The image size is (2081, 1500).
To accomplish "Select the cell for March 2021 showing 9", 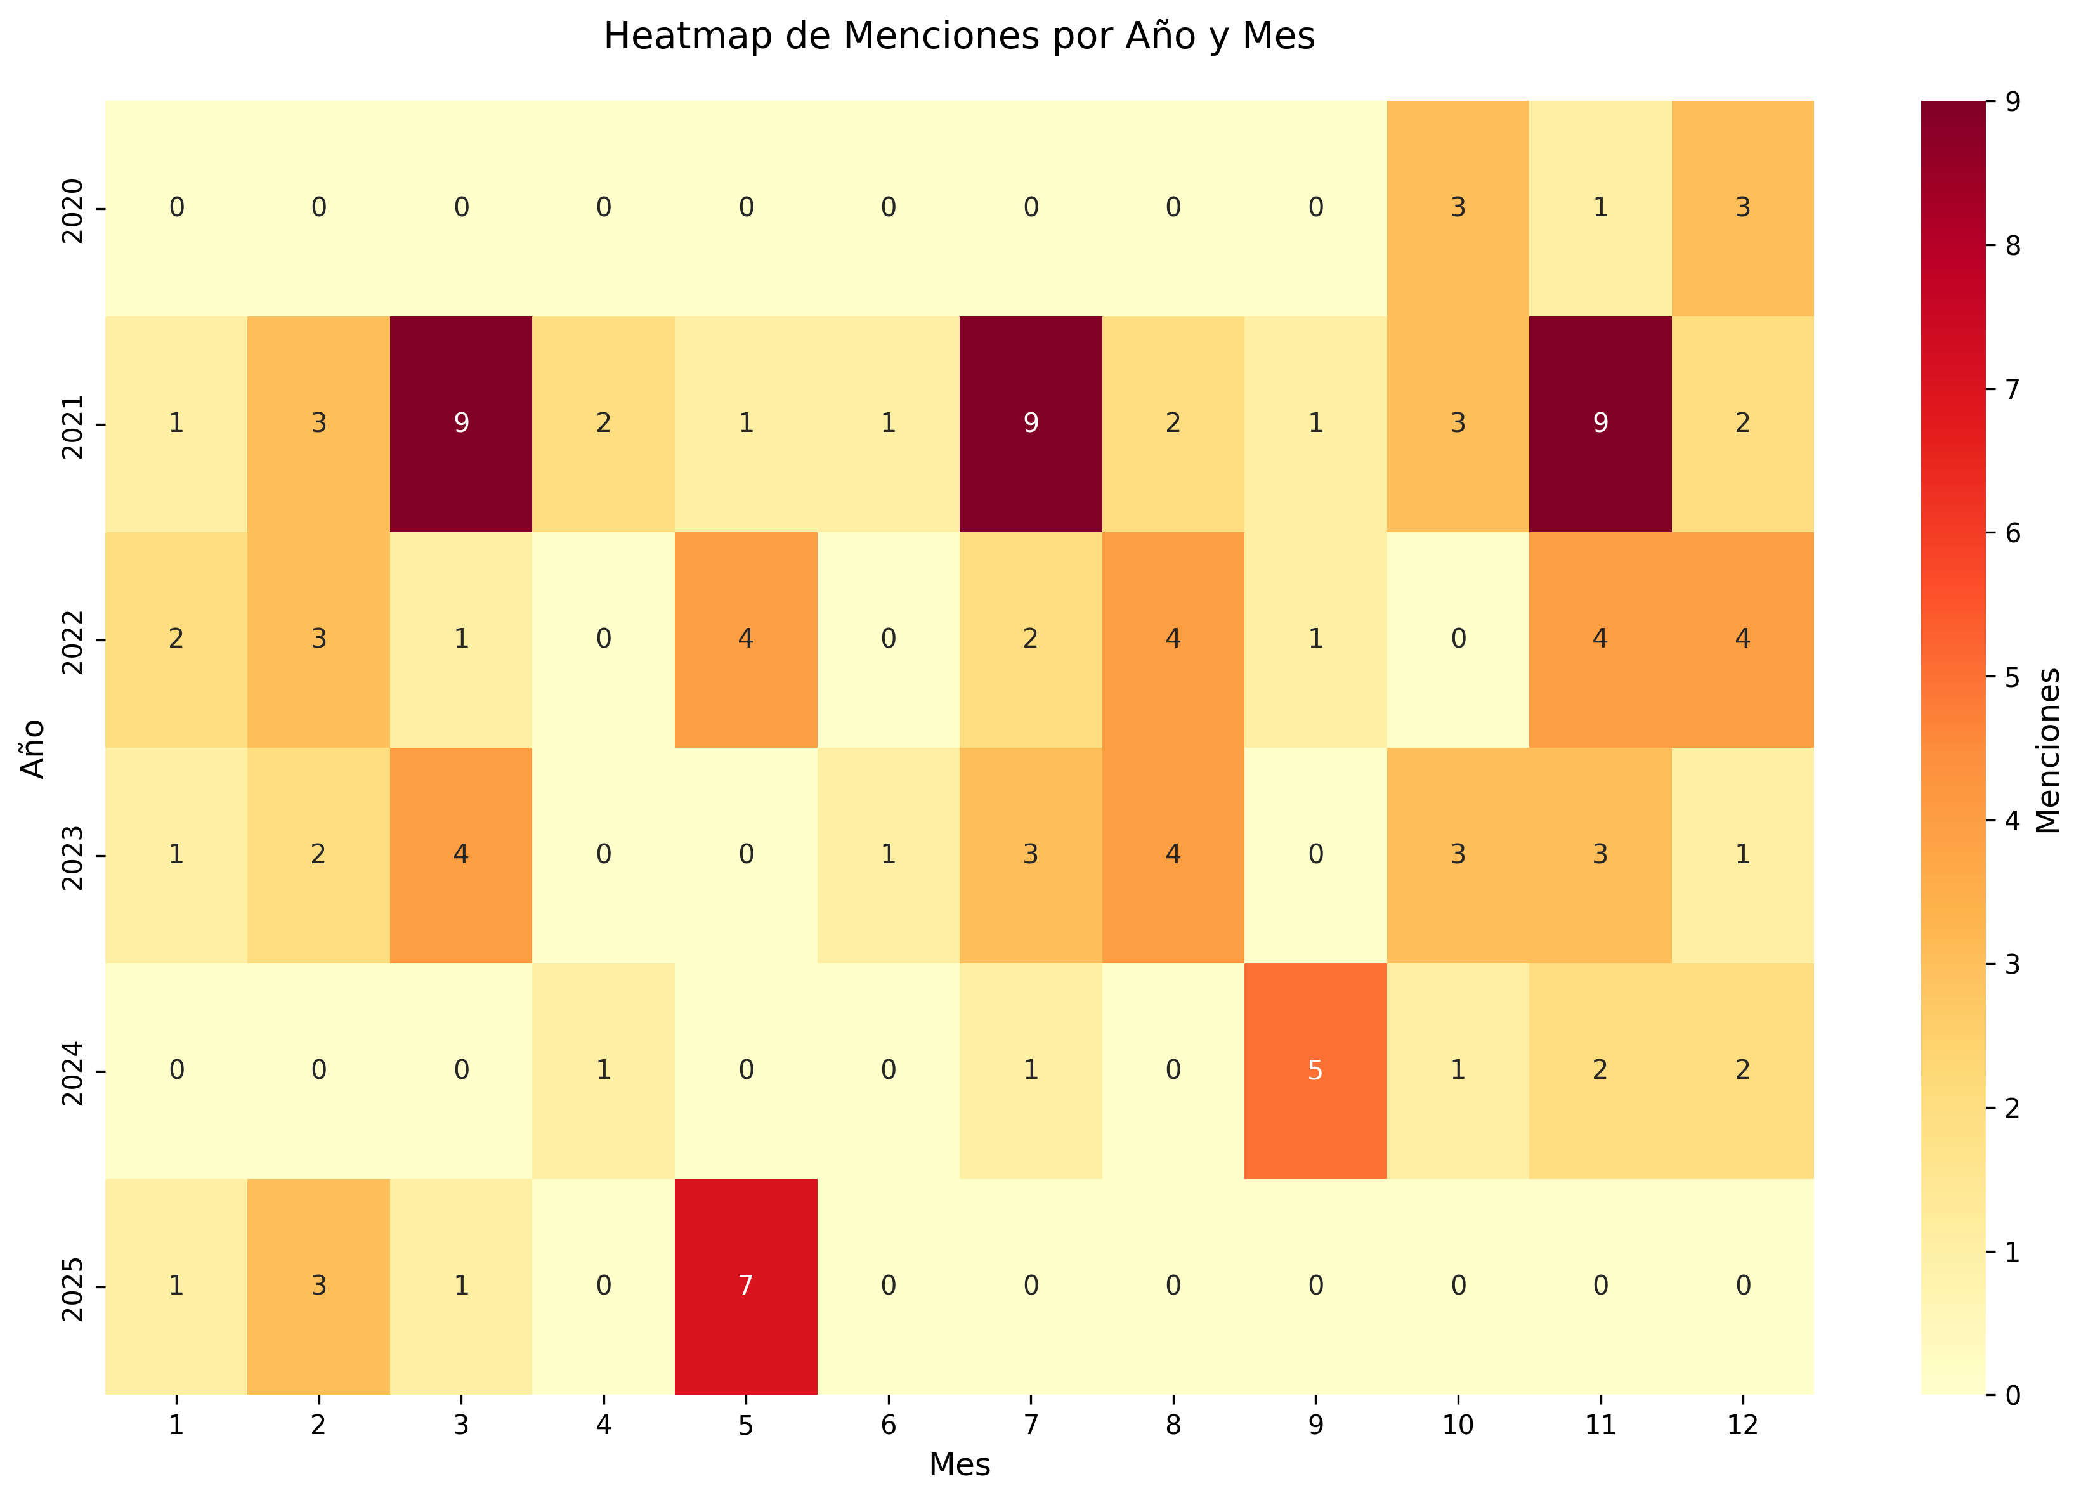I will (x=460, y=424).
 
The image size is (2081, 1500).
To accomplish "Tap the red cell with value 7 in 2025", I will (x=745, y=1286).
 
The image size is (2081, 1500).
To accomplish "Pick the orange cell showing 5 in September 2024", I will (x=1315, y=1071).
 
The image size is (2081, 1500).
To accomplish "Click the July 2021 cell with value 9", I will (x=1031, y=424).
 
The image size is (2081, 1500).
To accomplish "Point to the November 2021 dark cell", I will (x=1600, y=424).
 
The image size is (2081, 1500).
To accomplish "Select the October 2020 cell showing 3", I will (x=1457, y=208).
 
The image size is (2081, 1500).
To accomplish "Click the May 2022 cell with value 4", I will (x=745, y=639).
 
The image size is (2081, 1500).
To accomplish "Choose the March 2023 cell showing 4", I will (x=460, y=855).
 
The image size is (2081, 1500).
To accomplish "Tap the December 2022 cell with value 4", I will (x=1742, y=639).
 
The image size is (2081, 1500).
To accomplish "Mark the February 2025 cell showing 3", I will (x=318, y=1286).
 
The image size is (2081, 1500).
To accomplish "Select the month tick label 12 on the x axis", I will (x=1742, y=1425).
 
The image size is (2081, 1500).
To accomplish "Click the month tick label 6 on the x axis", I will (x=887, y=1425).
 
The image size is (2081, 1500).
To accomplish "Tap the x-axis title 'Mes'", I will (x=959, y=1465).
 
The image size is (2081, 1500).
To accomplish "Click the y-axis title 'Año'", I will (x=33, y=748).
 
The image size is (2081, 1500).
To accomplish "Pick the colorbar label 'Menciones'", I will (x=2048, y=748).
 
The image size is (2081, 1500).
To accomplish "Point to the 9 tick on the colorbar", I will (x=2013, y=102).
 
